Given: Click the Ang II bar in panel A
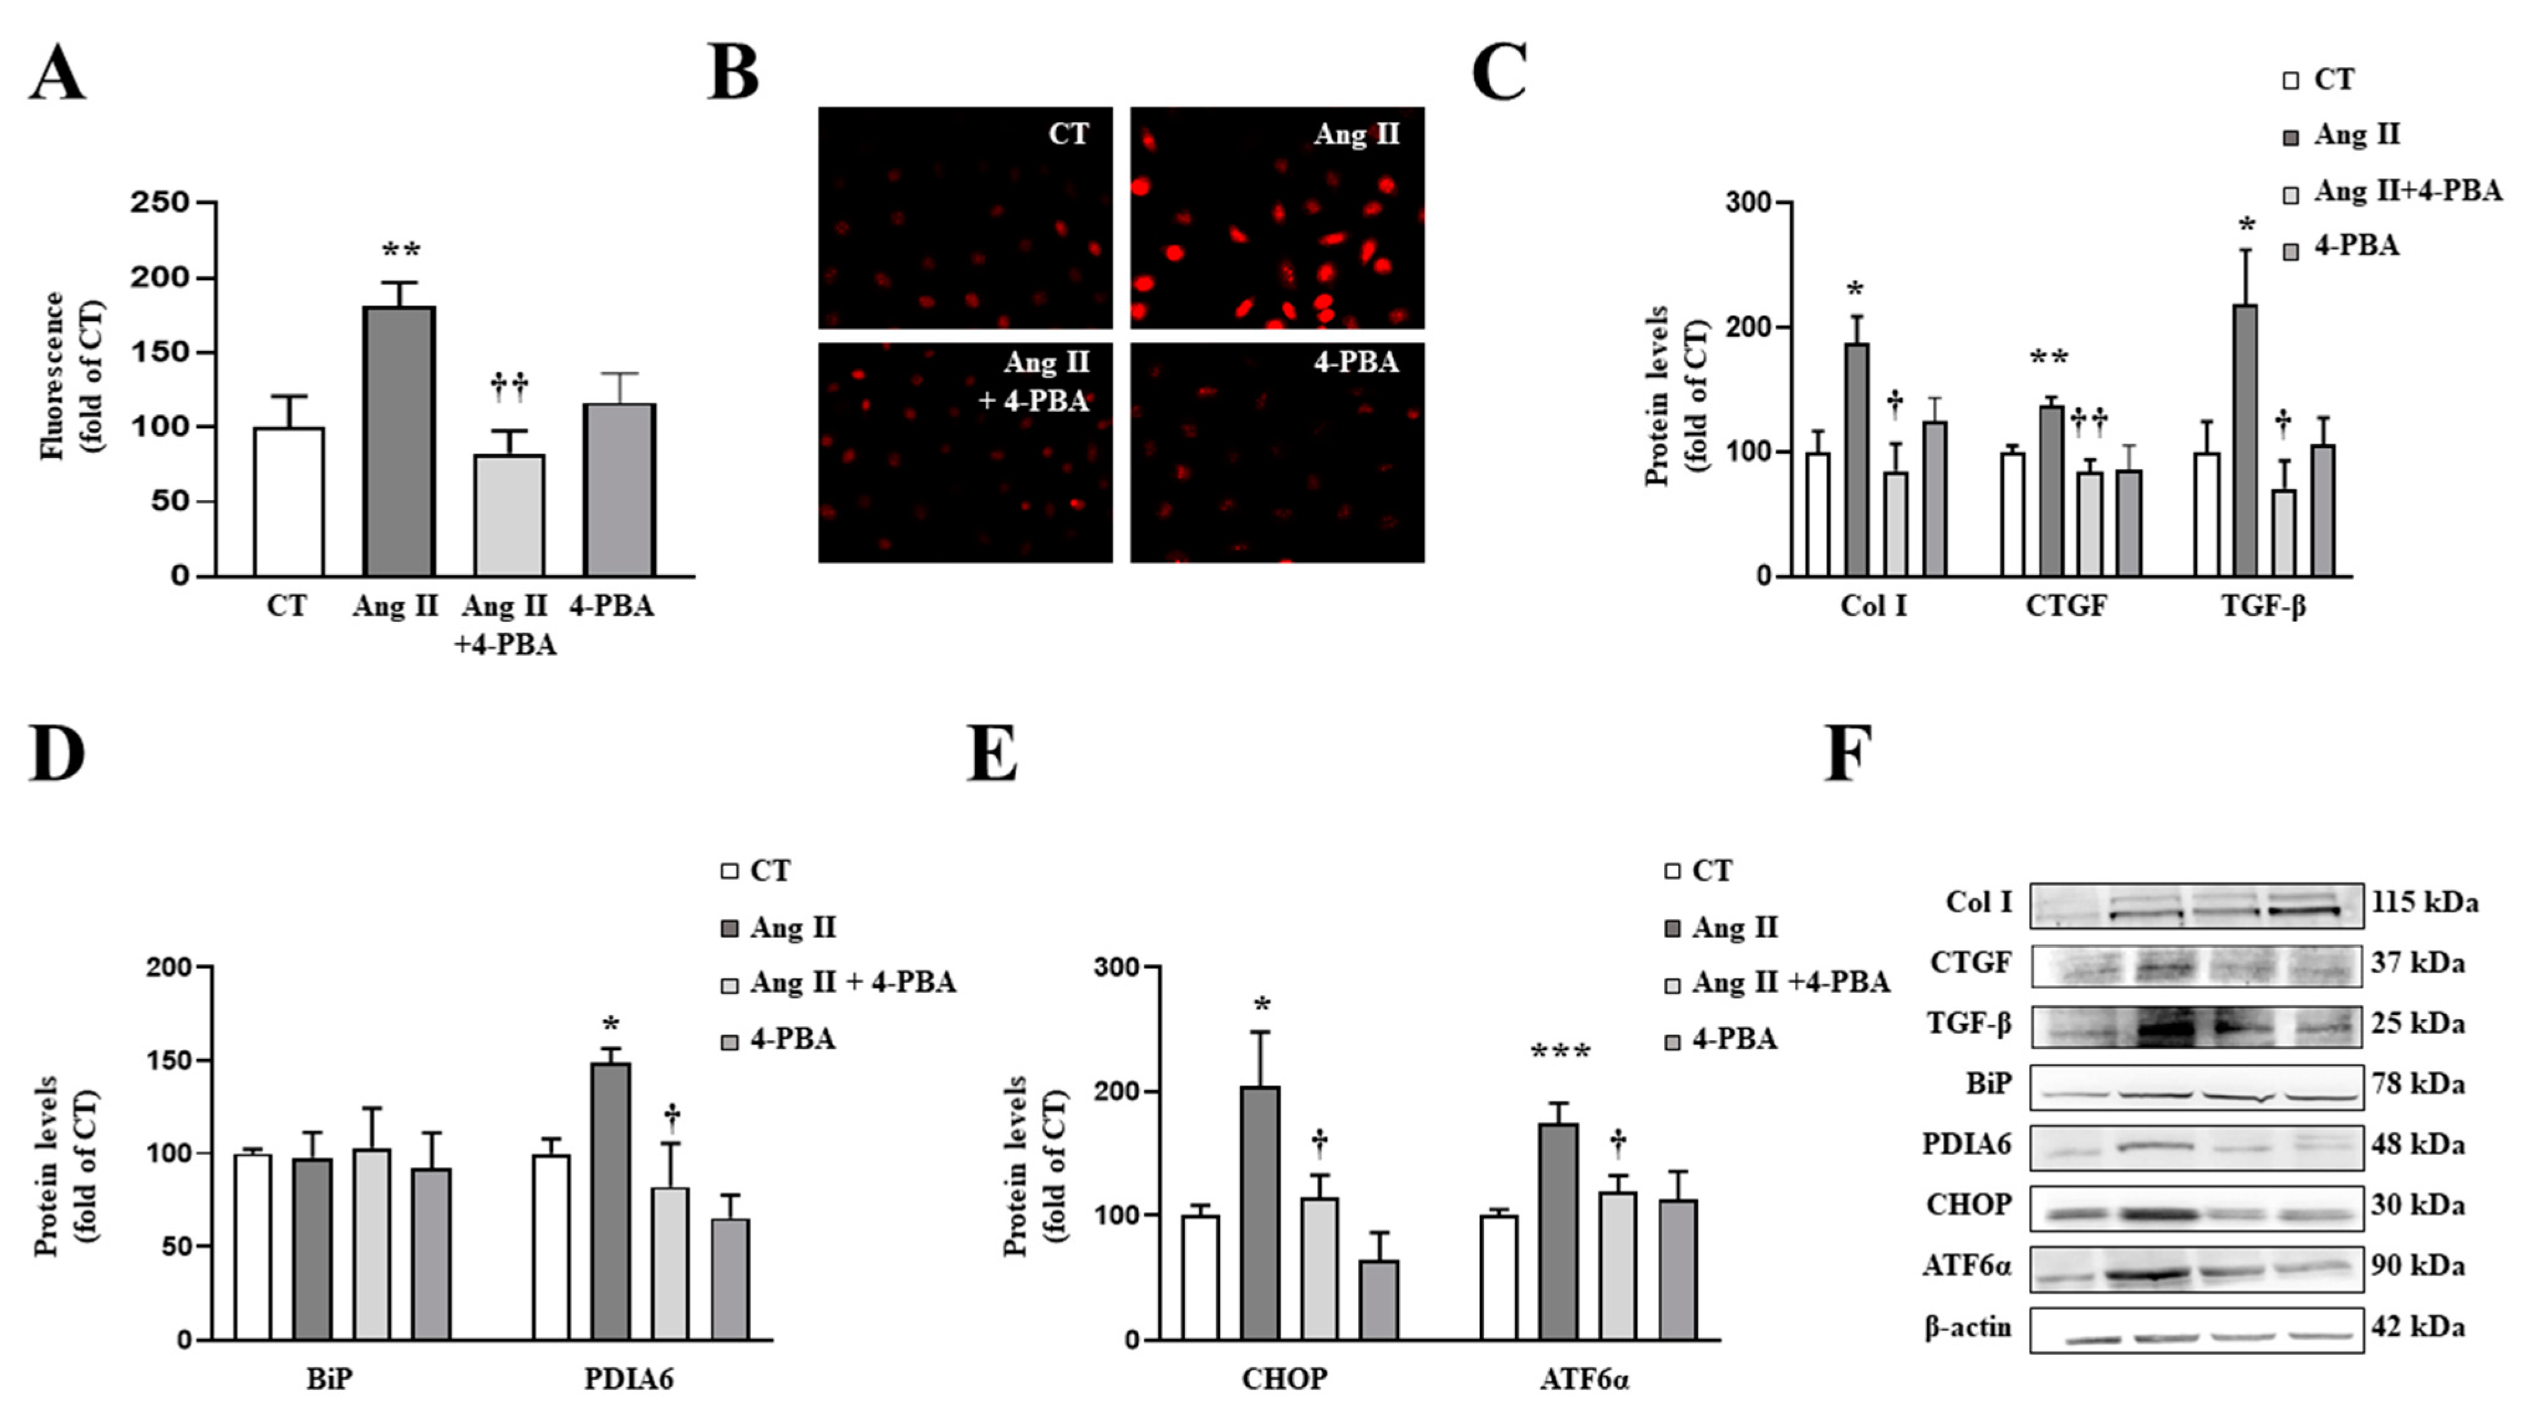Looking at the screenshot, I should [x=399, y=442].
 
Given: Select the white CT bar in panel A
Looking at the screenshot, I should [x=289, y=501].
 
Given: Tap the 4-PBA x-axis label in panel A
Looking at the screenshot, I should [x=611, y=606].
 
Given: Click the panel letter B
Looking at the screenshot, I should [x=734, y=73].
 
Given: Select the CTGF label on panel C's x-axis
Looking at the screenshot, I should [x=2066, y=606].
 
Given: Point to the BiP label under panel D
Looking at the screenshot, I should [x=329, y=1379].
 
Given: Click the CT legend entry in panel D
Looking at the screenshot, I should [x=769, y=871].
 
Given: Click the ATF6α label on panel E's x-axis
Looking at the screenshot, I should [x=1583, y=1379].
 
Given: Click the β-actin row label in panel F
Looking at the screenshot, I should [x=1967, y=1328].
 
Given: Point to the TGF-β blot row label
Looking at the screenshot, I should [x=1970, y=1024].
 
